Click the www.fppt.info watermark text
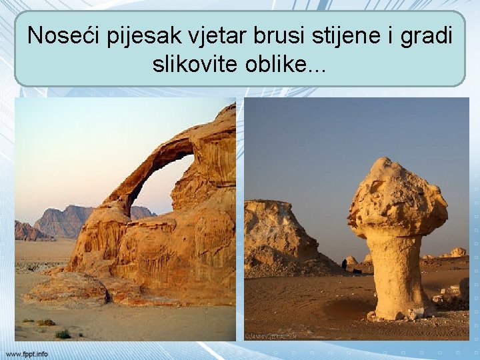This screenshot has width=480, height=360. tap(27, 353)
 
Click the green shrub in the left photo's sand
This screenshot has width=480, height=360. tap(63, 334)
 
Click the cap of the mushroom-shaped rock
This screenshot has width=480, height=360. tap(397, 200)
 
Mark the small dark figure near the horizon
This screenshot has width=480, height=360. tap(344, 265)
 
